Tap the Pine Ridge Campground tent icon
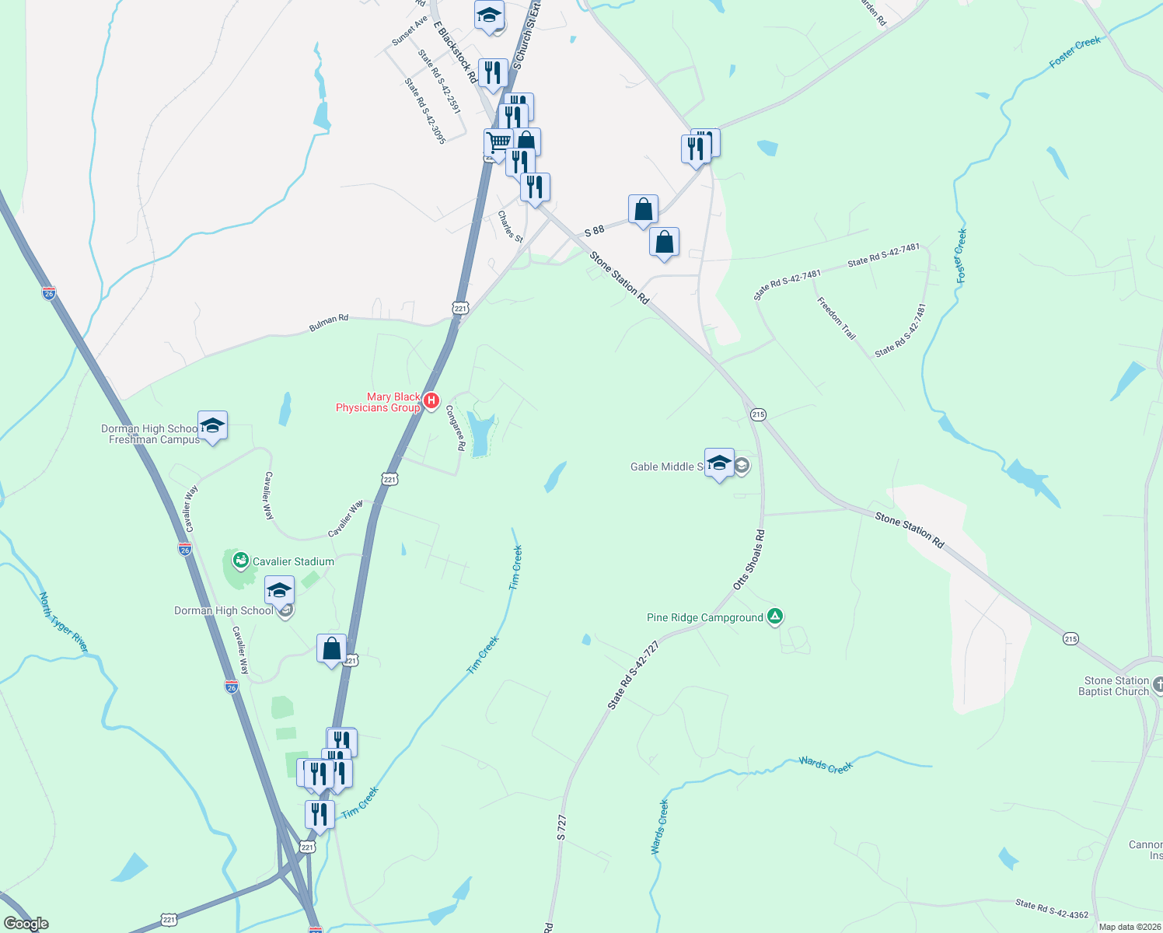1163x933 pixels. [774, 617]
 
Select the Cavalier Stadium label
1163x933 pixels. [293, 561]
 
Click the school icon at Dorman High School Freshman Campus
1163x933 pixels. [212, 425]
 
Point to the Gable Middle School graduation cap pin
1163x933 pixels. [719, 463]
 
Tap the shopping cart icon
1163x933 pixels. [498, 143]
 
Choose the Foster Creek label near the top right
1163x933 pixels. [1075, 52]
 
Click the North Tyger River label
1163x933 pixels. [64, 622]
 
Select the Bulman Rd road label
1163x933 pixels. [329, 323]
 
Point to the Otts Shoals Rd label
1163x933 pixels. [749, 560]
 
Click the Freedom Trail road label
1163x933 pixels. [836, 318]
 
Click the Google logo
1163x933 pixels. [26, 924]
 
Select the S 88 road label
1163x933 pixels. [594, 231]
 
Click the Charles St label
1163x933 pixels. [511, 226]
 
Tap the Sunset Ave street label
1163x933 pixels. [409, 30]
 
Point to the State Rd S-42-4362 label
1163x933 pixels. [1052, 909]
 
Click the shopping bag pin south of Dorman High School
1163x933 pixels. [331, 648]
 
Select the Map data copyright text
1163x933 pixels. [1126, 927]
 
